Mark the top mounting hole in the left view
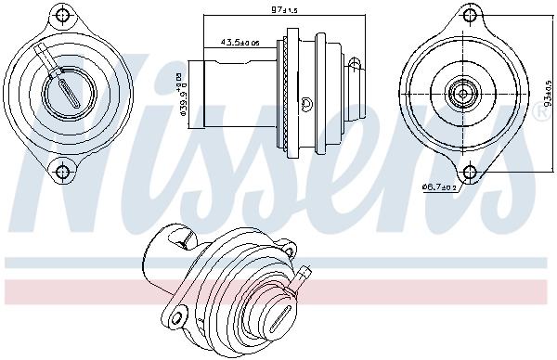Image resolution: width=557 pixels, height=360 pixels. point(63,16)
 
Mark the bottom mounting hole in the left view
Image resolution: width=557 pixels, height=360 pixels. point(63,169)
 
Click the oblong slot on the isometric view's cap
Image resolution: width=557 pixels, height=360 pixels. point(279,320)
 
